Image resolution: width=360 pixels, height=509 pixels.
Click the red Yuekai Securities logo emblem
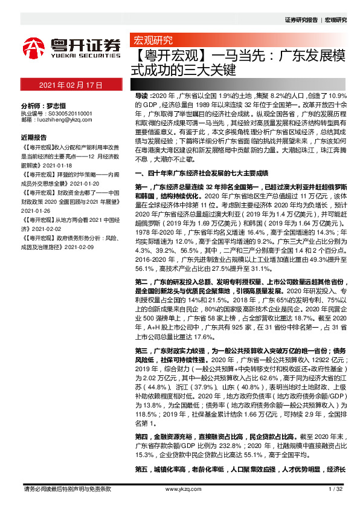(34, 47)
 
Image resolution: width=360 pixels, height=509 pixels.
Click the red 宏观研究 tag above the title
(152, 41)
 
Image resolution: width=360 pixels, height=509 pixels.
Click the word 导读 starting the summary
(140, 96)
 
